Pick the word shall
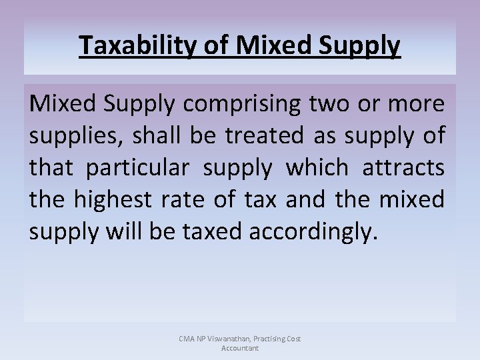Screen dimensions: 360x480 (151, 135)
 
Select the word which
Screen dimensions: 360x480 (317, 167)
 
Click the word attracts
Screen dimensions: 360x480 (403, 167)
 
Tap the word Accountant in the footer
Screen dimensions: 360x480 (240, 348)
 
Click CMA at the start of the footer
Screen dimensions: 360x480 (187, 339)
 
